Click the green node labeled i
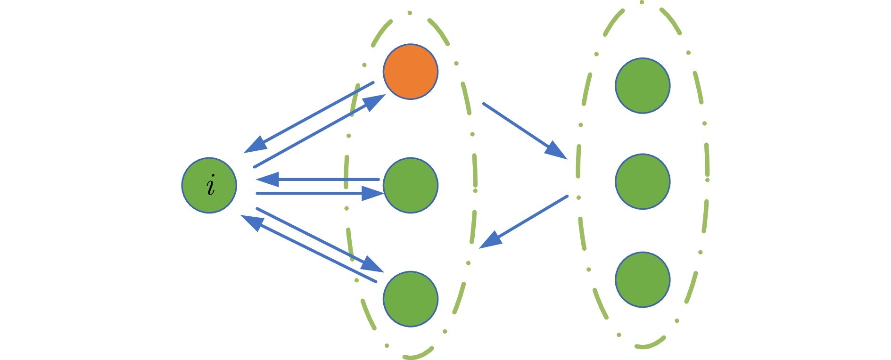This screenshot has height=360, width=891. (x=209, y=185)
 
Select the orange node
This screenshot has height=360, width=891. (x=411, y=72)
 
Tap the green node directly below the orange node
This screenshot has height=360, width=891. (x=411, y=185)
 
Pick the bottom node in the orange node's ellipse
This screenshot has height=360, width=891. (x=411, y=299)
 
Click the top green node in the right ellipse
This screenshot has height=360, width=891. (x=643, y=85)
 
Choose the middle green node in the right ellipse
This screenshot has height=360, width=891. (x=643, y=181)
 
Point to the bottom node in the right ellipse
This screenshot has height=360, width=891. (x=643, y=279)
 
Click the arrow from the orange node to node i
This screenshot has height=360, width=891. (x=309, y=117)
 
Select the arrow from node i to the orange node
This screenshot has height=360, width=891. (x=320, y=131)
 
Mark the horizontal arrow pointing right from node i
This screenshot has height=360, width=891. (x=320, y=193)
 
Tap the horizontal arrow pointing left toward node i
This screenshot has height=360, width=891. (x=317, y=179)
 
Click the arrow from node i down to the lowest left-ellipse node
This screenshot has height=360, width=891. (x=320, y=240)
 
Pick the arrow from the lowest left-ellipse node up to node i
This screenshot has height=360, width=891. (x=308, y=249)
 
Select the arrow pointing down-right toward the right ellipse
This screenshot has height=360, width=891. (x=525, y=131)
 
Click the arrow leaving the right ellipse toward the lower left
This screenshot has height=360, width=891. (x=523, y=221)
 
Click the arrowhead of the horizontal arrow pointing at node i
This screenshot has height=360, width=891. (x=267, y=179)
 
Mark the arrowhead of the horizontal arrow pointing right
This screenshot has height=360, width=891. (x=373, y=193)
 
